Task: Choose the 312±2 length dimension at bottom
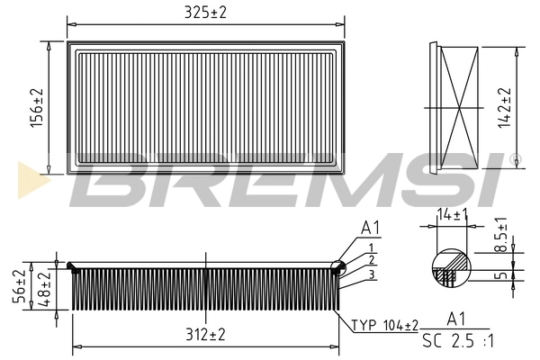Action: [206, 335]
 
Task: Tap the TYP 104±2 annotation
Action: [384, 325]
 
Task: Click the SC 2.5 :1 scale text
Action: [456, 340]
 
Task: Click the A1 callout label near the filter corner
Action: [369, 229]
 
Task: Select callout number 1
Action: [370, 247]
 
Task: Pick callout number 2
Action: [370, 260]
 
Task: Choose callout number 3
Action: [370, 274]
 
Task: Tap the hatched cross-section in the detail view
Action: [449, 270]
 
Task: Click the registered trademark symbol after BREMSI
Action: [514, 160]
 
